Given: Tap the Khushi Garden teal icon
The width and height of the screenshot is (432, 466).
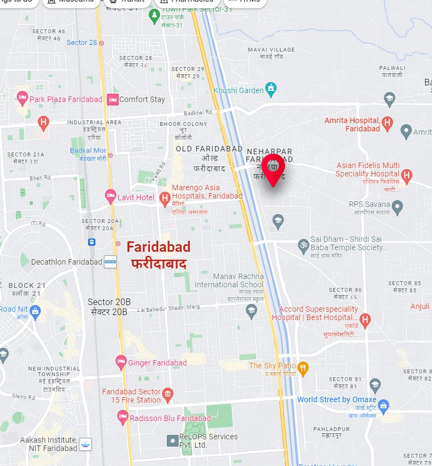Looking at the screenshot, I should tap(270, 88).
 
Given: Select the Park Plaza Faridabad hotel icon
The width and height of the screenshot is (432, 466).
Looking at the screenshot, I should tap(23, 99).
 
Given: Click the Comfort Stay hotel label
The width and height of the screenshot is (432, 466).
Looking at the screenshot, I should tap(142, 99).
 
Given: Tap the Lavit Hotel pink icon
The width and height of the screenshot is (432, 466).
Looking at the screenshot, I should tap(111, 196).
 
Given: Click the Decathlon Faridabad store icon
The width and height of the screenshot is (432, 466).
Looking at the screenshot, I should tap(110, 262).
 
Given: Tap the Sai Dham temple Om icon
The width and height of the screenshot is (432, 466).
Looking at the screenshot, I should tap(303, 244).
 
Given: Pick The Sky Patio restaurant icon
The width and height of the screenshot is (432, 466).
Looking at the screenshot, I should tap(303, 367).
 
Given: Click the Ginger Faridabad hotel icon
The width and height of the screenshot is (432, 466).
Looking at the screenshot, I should tap(121, 362).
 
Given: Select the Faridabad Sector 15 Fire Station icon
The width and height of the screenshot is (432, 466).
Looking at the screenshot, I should tap(167, 396).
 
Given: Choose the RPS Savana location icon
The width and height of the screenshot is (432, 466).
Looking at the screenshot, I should tap(397, 208).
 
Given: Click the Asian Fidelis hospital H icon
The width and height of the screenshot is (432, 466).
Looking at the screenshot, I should tap(406, 176).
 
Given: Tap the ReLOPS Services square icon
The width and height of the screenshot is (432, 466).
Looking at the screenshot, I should tap(172, 441).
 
